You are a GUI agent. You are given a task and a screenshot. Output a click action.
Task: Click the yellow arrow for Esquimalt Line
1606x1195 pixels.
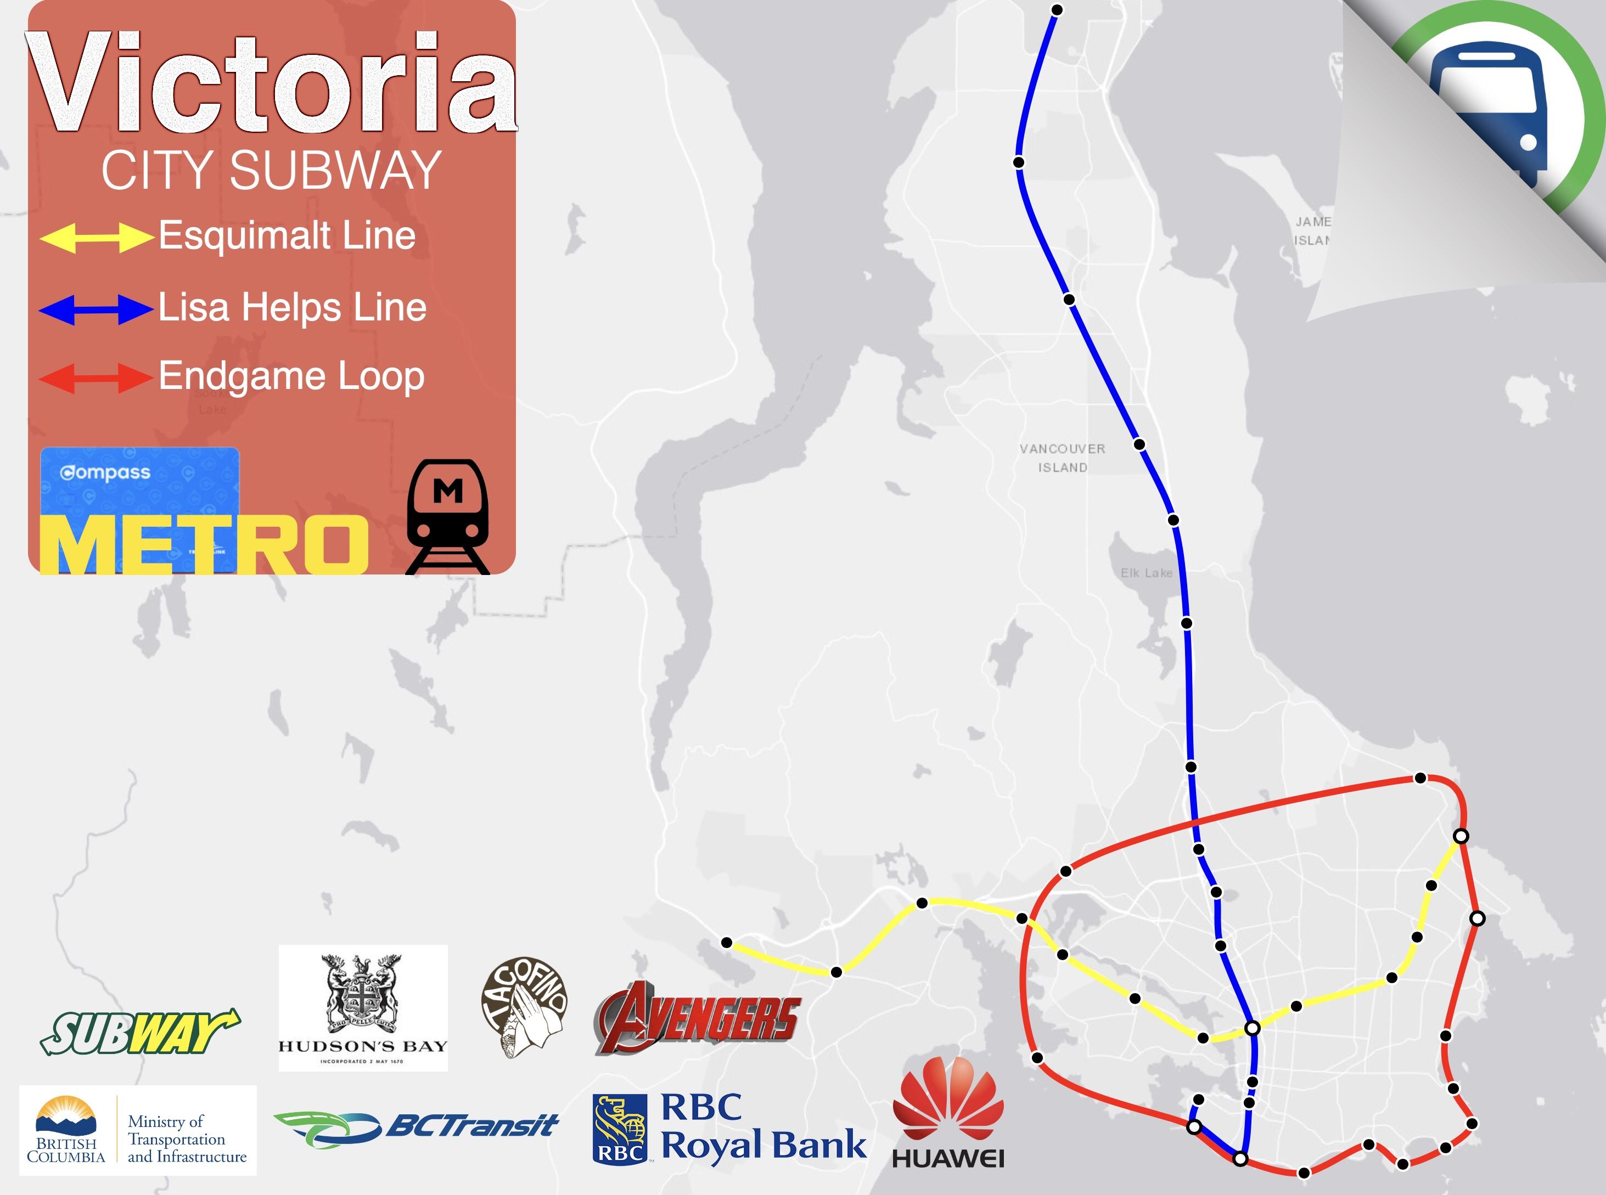pos(96,237)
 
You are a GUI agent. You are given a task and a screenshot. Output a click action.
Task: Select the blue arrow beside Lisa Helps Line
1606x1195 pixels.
pos(96,309)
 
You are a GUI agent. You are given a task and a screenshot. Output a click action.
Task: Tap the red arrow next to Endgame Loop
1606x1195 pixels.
pos(96,377)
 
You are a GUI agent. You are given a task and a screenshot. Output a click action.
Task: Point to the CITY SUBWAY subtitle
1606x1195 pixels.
pos(271,171)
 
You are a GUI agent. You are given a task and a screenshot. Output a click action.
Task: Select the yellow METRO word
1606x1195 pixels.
pos(204,544)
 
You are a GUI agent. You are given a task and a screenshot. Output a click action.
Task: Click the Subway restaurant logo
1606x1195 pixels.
pos(139,1032)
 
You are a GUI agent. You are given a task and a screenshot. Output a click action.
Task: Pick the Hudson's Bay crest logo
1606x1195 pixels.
pos(363,1007)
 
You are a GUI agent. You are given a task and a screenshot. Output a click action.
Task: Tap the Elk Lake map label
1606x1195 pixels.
pos(1146,573)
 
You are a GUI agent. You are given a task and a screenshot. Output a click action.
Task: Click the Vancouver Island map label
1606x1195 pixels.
pos(1062,458)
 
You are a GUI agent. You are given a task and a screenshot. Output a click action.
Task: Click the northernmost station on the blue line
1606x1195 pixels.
pos(1057,9)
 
